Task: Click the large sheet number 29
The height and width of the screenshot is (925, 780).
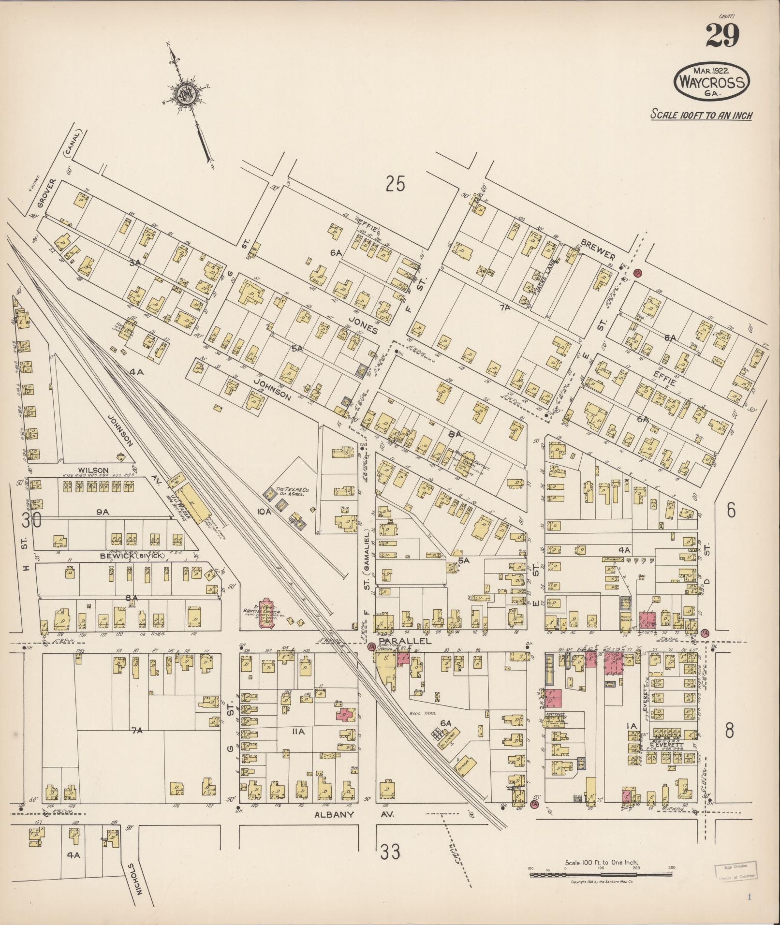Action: tap(722, 36)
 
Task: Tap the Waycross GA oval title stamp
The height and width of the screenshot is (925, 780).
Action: tap(712, 82)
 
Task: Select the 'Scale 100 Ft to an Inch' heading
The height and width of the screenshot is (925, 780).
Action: tap(701, 115)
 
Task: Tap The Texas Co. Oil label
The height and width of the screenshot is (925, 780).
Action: tap(292, 492)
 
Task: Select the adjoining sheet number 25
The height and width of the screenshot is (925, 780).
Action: tap(395, 184)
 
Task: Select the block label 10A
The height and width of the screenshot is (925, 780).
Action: tap(264, 511)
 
